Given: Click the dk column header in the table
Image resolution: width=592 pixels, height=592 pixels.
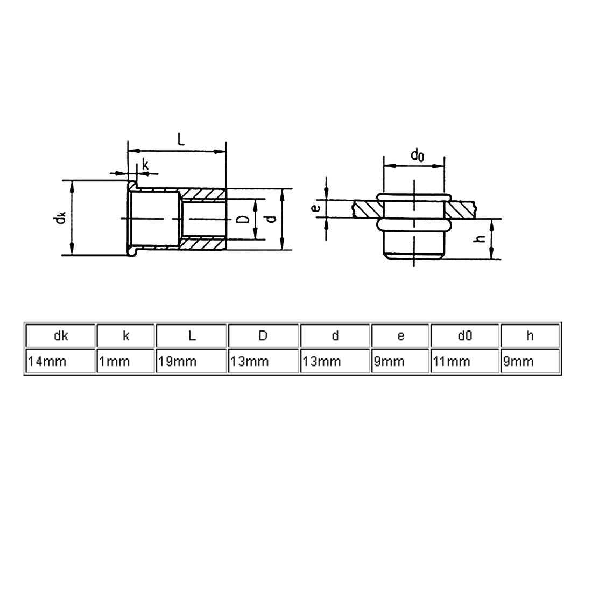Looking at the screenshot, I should (x=60, y=336).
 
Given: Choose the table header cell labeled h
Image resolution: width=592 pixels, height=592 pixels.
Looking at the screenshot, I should (x=530, y=336).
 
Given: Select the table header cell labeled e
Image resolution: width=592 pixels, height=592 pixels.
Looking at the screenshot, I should (x=400, y=336).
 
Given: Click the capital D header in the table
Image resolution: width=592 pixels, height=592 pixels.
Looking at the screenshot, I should (x=263, y=336).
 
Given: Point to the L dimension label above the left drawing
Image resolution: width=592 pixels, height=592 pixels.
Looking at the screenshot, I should (x=181, y=141).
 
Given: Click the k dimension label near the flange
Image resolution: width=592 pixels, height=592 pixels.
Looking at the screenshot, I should (x=145, y=165).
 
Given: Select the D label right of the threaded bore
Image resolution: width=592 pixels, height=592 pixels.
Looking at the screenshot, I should (x=243, y=219).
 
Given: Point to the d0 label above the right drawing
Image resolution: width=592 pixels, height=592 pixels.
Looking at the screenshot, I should (x=418, y=156).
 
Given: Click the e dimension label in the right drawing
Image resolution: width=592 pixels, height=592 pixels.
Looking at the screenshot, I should (x=317, y=208).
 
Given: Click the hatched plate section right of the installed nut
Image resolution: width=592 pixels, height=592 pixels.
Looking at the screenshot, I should (x=463, y=209).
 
